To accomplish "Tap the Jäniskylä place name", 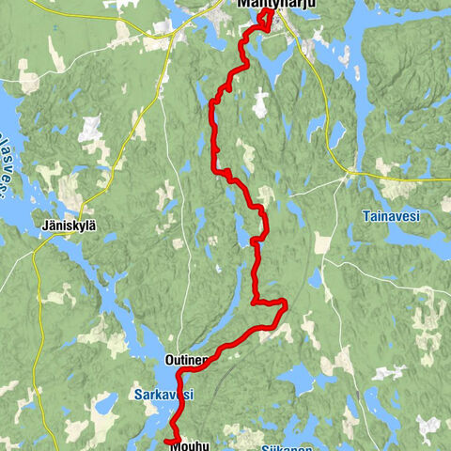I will pyautogui.click(x=70, y=225).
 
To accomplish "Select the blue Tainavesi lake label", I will pyautogui.click(x=390, y=215).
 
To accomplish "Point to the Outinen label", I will pyautogui.click(x=184, y=360).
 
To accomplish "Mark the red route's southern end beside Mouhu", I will pyautogui.click(x=166, y=440).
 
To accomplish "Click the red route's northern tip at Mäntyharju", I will pyautogui.click(x=272, y=13).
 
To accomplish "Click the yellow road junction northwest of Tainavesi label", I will pyautogui.click(x=351, y=174).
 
